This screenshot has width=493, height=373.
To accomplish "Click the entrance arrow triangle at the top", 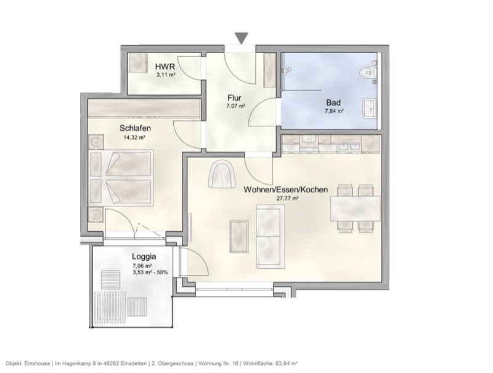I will [x=242, y=38].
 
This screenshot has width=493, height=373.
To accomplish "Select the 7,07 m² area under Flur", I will [x=235, y=106].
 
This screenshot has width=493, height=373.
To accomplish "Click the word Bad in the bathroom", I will [x=333, y=103].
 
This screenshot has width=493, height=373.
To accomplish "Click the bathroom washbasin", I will [x=371, y=108].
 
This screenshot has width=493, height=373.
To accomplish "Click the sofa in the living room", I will [x=268, y=237].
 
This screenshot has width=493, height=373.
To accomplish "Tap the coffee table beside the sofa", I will [x=238, y=236].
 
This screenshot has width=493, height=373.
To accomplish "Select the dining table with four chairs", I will [x=356, y=208].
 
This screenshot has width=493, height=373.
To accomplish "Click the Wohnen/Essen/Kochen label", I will [x=286, y=190].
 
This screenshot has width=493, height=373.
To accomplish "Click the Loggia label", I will [x=144, y=256].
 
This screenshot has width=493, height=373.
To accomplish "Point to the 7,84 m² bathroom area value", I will [x=334, y=112].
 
